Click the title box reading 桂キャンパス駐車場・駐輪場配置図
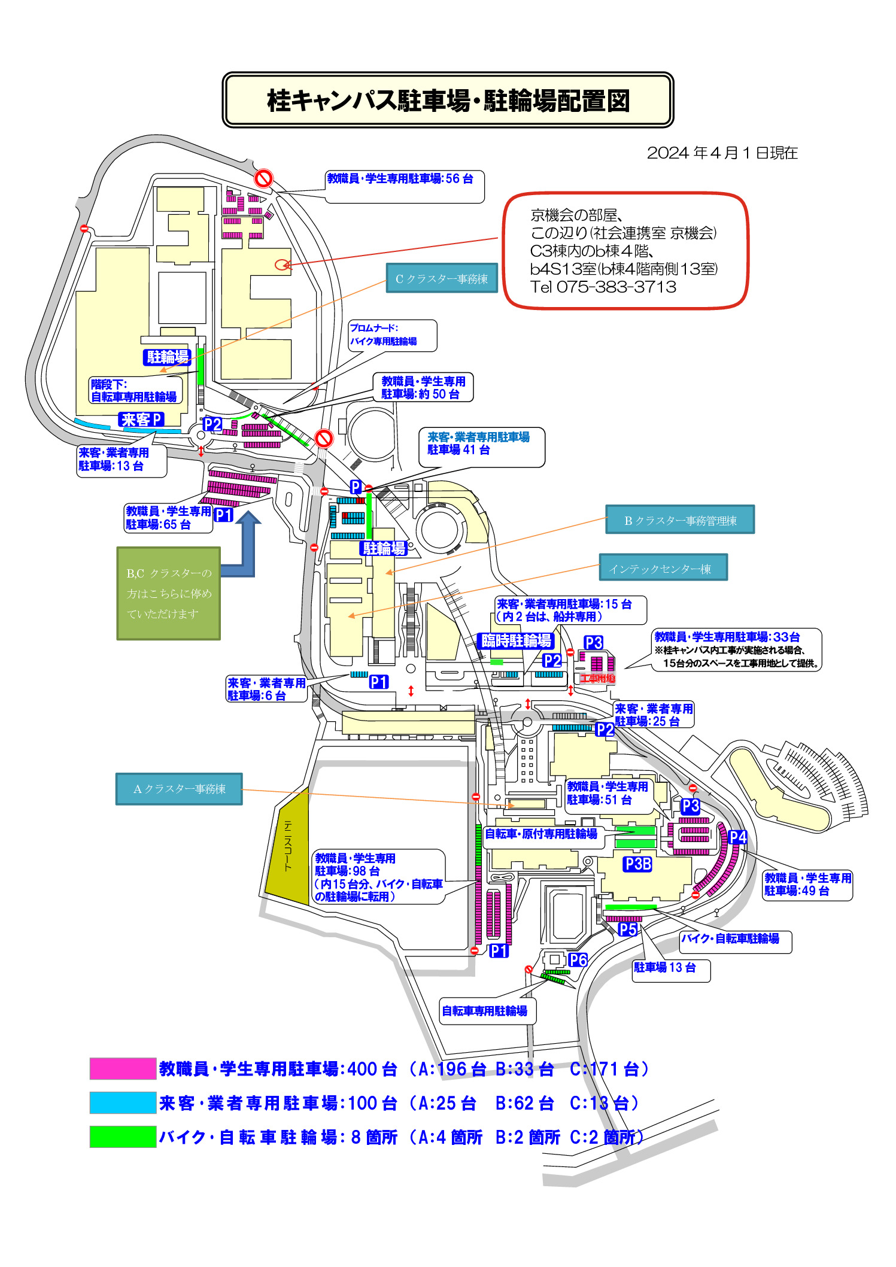tap(448, 100)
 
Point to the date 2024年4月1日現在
tap(722, 153)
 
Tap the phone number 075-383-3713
tap(616, 287)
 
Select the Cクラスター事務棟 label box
tap(442, 278)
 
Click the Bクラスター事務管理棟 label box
tap(680, 519)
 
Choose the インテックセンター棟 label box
tap(663, 567)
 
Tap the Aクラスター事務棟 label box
tap(179, 789)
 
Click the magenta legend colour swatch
tap(123, 1068)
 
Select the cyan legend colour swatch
tap(123, 1102)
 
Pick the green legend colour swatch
tap(123, 1137)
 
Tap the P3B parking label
tap(637, 864)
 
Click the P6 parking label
tap(578, 960)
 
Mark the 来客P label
tap(141, 420)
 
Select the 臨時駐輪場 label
tap(516, 641)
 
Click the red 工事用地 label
tap(597, 678)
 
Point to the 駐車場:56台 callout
tap(405, 187)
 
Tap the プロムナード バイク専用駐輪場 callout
tap(392, 335)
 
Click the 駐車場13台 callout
tap(671, 970)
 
